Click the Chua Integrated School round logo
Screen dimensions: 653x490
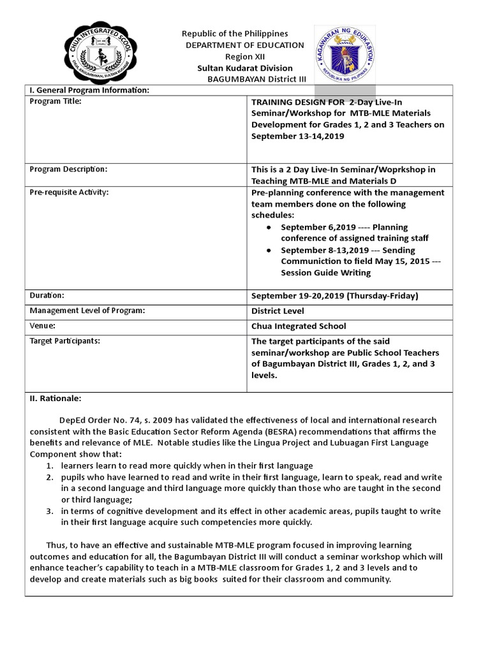98,55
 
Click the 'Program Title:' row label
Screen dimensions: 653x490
56,101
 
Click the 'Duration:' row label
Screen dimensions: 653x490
47,295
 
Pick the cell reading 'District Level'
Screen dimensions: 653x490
278,311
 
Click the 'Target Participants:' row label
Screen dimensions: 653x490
65,341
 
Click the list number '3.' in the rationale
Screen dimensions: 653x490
49,511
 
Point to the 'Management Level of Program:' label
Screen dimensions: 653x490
87,311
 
